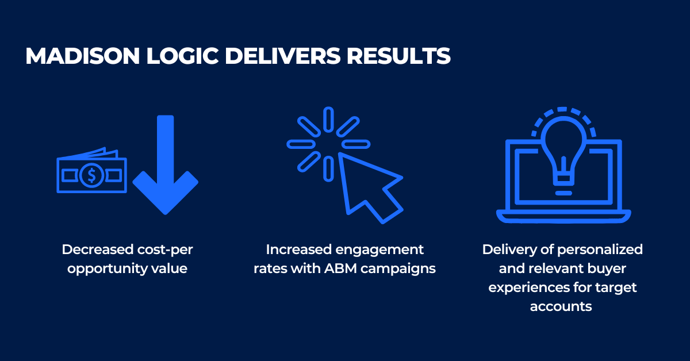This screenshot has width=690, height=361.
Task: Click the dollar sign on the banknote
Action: tap(90, 176)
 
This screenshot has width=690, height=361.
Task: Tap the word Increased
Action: tap(298, 250)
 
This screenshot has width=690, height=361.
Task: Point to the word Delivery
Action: tap(505, 250)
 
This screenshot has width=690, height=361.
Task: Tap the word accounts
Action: tap(561, 306)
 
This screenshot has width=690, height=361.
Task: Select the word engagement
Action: tap(379, 250)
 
